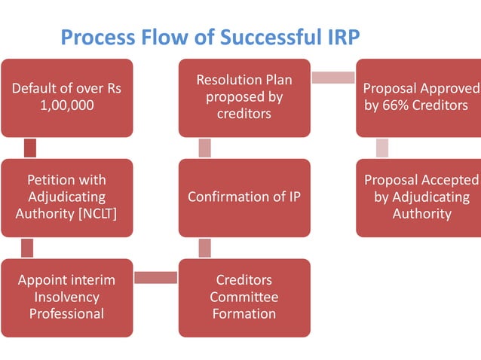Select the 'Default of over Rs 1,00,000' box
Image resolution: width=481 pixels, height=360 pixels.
(x=66, y=97)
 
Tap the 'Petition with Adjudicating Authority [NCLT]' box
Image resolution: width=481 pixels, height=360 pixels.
(x=66, y=197)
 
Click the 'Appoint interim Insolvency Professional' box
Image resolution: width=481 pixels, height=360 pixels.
(x=66, y=297)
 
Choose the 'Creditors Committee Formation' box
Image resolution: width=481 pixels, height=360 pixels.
(x=244, y=297)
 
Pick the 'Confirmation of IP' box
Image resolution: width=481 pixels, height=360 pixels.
(x=244, y=197)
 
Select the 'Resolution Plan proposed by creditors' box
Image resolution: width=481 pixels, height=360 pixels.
(x=244, y=97)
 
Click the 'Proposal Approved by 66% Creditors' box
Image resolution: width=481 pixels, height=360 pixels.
(x=418, y=97)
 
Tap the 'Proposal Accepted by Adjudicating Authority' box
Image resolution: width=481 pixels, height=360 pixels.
(x=418, y=197)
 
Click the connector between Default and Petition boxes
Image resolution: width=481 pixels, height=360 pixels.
(x=30, y=148)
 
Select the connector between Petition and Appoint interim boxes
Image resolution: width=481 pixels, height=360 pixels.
(x=27, y=247)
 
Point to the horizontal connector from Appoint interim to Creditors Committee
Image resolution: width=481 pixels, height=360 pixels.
(x=155, y=278)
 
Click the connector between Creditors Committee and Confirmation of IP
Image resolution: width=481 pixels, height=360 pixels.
(x=205, y=247)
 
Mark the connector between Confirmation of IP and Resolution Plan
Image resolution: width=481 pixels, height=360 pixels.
(x=205, y=148)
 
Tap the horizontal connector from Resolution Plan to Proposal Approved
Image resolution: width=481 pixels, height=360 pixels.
(x=332, y=78)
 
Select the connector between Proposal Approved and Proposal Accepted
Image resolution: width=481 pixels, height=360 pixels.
(x=382, y=148)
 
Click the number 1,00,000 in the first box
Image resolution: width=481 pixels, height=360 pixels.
(x=66, y=106)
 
